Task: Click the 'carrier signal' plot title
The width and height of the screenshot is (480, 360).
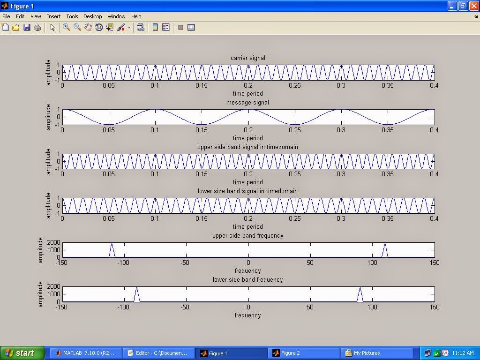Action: pos(247,58)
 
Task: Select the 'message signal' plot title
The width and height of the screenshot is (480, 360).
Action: pos(247,103)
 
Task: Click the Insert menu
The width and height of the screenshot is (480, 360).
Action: pos(53,16)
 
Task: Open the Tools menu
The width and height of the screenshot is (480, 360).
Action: pos(72,16)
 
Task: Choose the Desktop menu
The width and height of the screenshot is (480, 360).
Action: pos(92,16)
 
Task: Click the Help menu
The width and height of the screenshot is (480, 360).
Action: pos(136,16)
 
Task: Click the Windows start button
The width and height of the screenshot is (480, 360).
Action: pos(22,353)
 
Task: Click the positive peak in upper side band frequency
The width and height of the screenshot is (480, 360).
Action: pos(385,244)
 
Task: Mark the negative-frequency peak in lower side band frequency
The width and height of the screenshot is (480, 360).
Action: pos(136,289)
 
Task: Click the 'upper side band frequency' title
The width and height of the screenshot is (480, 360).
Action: pos(247,236)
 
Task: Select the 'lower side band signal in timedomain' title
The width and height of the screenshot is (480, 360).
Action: pos(247,191)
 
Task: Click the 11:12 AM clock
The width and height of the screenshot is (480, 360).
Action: pos(462,353)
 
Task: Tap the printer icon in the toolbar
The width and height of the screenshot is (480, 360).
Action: pos(37,28)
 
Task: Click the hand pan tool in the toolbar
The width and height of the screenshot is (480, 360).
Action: pos(88,28)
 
